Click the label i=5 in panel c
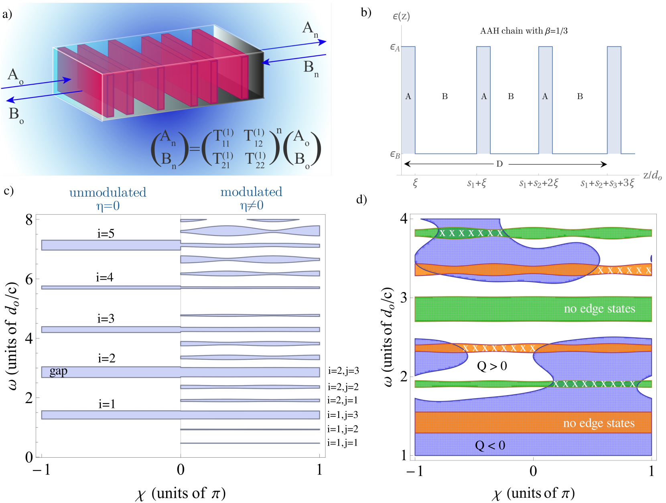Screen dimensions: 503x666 (x=106, y=233)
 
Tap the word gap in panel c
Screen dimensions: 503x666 (x=59, y=371)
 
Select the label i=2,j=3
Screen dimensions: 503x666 (x=343, y=371)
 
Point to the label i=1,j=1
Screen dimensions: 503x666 (x=342, y=443)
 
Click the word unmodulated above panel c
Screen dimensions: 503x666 (x=108, y=193)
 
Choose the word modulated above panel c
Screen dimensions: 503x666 (x=251, y=192)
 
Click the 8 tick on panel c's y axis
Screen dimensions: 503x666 (x=29, y=219)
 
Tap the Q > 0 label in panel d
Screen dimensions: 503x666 (x=492, y=366)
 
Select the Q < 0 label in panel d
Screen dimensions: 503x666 (x=490, y=445)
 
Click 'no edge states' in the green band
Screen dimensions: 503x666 (x=599, y=308)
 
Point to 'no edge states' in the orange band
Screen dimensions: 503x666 (x=599, y=423)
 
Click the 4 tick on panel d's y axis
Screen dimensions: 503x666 (x=404, y=219)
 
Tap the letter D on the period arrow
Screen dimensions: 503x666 (x=499, y=164)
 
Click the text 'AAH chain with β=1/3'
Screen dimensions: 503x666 (x=524, y=31)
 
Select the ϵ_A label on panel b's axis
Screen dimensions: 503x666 (x=395, y=48)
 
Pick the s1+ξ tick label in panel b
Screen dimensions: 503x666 (x=477, y=184)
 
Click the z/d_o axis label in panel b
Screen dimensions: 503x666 (x=652, y=175)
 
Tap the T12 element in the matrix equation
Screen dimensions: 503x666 (x=254, y=138)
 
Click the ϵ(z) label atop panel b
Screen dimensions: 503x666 (x=401, y=16)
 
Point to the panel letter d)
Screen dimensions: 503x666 (x=361, y=199)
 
